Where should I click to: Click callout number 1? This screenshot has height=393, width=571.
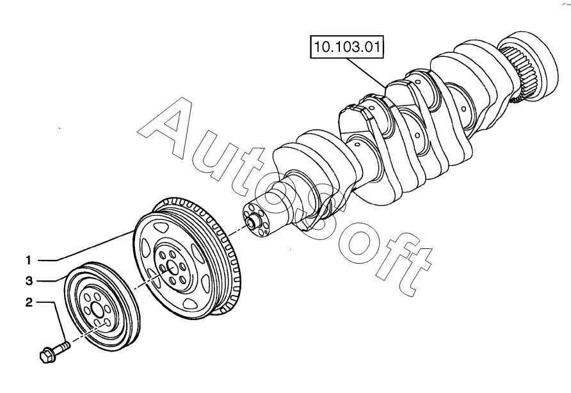point(29,260)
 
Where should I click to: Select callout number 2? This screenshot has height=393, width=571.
point(29,303)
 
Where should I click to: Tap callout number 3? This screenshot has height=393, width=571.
point(29,281)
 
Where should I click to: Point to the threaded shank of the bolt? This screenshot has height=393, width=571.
point(63,347)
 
